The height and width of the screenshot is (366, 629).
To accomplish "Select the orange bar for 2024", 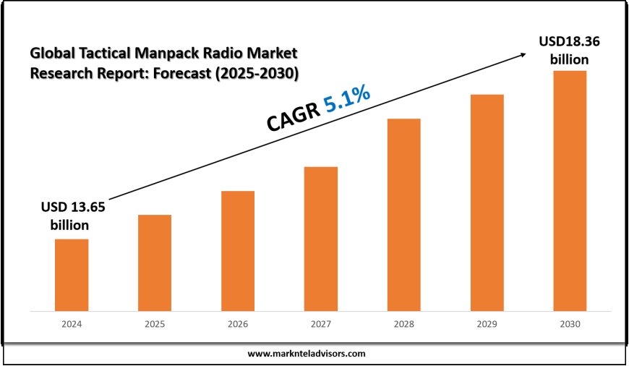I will click(72, 275).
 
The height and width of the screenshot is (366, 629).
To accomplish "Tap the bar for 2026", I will click(238, 251).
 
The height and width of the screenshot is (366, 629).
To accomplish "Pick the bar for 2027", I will click(321, 239).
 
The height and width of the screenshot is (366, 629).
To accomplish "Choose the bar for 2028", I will click(403, 215).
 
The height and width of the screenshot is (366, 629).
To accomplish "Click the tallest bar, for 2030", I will click(570, 191).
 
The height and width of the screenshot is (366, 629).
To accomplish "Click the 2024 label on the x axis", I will click(72, 325).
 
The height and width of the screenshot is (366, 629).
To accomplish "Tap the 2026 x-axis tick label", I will click(238, 325).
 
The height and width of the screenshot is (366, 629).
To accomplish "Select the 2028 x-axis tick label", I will click(403, 325).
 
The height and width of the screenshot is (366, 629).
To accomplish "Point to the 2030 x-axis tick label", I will click(570, 325).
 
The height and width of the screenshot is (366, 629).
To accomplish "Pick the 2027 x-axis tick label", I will click(321, 325).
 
